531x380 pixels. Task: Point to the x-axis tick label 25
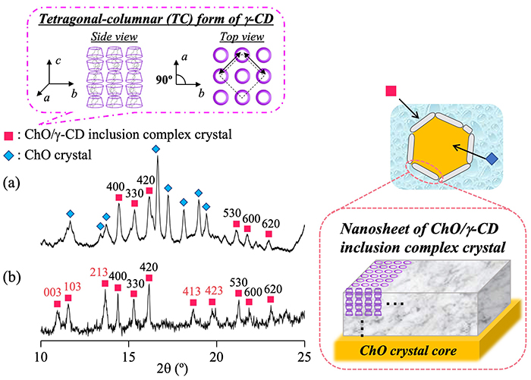coord(304,356)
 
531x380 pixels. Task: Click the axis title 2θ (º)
coord(172,370)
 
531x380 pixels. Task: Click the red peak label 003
coord(52,290)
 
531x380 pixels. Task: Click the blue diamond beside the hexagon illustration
coord(493,159)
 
